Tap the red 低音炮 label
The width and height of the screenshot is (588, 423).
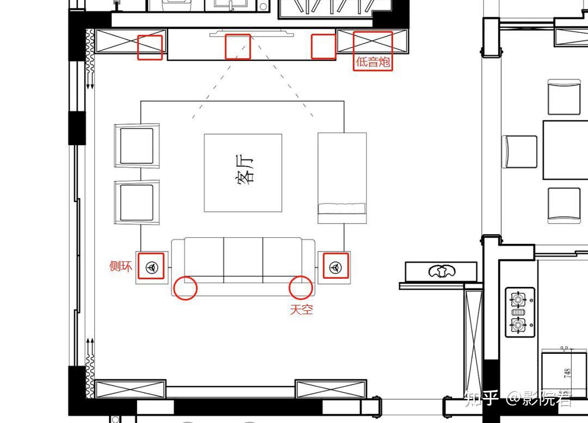(373, 62)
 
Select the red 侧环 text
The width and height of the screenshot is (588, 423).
(120, 266)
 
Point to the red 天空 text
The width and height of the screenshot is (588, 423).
(301, 309)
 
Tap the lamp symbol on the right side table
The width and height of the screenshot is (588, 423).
(335, 267)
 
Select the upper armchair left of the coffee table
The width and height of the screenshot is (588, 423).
(137, 146)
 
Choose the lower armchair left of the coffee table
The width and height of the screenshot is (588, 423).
(137, 203)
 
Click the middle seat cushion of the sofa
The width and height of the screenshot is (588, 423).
(243, 260)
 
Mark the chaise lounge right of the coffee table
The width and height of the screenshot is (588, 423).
(342, 178)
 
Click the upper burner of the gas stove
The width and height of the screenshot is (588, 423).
(519, 299)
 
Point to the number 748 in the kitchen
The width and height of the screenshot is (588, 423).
(567, 373)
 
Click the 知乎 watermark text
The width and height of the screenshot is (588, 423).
(481, 399)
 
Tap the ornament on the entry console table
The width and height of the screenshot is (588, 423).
(442, 271)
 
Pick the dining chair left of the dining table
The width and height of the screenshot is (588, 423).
(519, 152)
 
